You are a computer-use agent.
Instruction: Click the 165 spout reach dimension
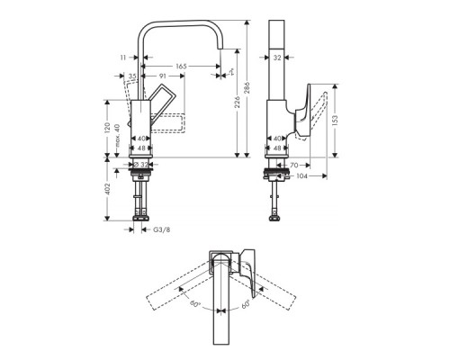click(181, 66)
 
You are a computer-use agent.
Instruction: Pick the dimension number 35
click(132, 77)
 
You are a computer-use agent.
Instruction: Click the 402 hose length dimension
click(107, 189)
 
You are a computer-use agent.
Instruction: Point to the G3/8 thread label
click(161, 229)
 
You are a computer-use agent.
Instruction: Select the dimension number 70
click(294, 166)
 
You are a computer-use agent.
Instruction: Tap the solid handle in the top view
click(244, 262)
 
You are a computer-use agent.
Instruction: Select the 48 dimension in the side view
click(278, 148)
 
